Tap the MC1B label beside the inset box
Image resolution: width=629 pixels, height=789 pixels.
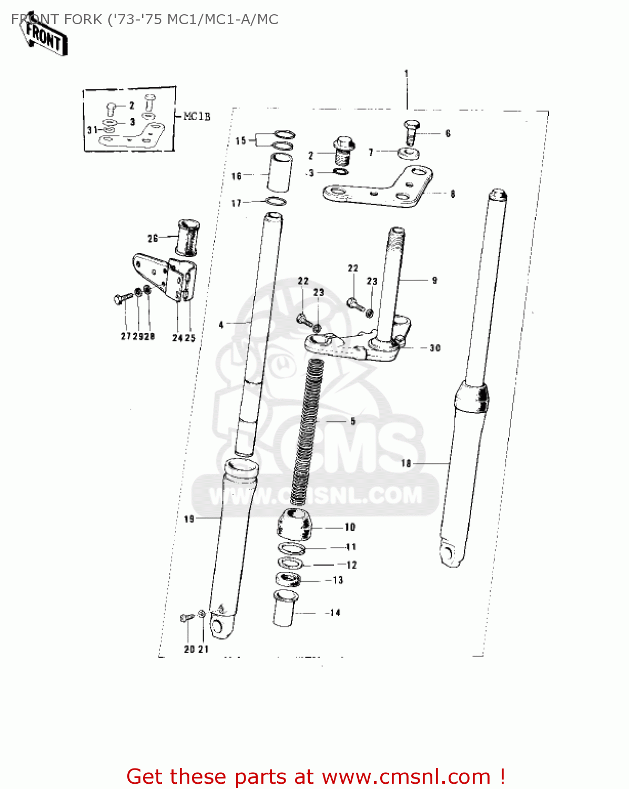click(x=197, y=116)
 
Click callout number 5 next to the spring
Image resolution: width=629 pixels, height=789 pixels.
click(x=353, y=421)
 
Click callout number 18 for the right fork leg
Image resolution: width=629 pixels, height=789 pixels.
click(x=406, y=463)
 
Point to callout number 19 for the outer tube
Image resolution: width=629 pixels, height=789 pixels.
click(x=189, y=519)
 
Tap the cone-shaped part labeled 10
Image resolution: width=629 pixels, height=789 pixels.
click(x=295, y=524)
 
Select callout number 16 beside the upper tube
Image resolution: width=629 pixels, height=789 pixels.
click(x=237, y=176)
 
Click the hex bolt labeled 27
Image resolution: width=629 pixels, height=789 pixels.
click(x=120, y=300)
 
